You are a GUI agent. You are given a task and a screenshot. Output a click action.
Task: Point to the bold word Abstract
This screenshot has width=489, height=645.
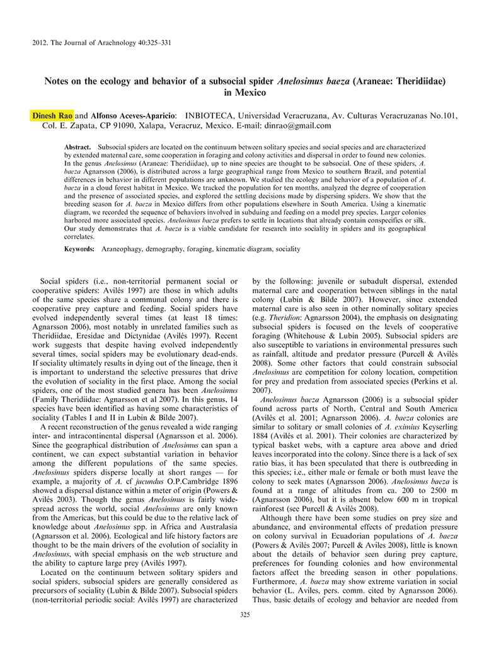(78, 146)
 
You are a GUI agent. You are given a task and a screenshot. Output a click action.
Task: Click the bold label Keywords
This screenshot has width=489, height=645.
(79, 249)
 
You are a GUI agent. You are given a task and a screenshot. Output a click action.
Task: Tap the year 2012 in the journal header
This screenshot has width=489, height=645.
(39, 43)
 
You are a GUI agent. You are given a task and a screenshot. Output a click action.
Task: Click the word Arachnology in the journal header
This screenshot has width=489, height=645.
(110, 43)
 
